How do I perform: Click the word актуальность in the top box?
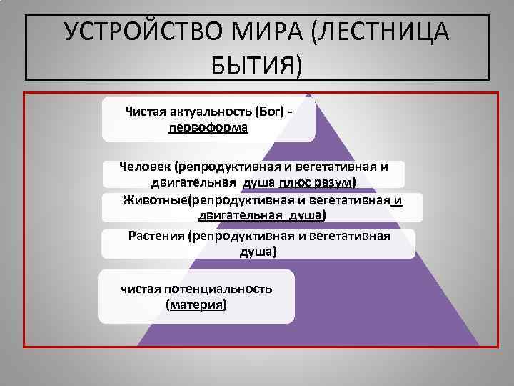pos(204,112)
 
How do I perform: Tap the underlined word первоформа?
pos(208,128)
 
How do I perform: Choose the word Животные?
pos(155,199)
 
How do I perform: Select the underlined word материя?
pos(196,305)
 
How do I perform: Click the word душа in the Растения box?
pos(259,252)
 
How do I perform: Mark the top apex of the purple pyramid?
pos(308,94)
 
